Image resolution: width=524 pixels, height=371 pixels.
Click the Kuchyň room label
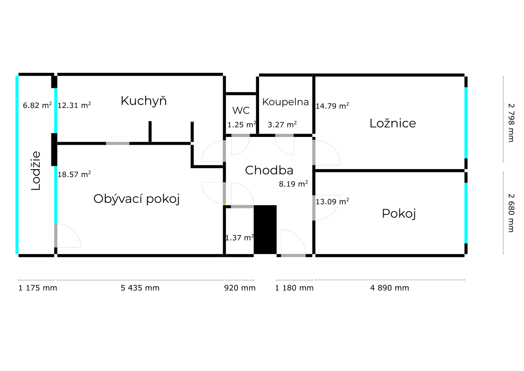143,100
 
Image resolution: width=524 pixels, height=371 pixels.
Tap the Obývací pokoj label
137,199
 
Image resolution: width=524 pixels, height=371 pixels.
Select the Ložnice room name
392,123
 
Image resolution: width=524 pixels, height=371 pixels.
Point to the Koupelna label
286,102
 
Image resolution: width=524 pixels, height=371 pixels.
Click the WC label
241,111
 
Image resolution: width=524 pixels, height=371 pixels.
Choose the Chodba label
269,171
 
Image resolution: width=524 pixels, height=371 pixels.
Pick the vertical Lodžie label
35,171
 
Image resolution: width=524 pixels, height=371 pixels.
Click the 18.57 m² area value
74,174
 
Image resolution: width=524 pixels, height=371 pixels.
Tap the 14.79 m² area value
333,106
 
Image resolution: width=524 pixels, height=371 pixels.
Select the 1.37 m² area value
239,238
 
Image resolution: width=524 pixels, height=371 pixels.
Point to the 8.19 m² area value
293,184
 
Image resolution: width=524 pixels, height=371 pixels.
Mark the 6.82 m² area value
37,106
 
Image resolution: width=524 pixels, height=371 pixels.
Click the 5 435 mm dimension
140,288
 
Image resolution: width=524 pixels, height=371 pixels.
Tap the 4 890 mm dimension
390,288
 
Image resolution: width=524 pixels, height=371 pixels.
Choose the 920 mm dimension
240,288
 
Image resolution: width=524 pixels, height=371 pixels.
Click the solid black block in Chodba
265,229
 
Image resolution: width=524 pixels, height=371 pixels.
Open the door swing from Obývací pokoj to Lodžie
68,236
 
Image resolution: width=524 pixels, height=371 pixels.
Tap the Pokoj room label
398,214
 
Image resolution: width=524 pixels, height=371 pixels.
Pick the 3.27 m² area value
282,124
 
